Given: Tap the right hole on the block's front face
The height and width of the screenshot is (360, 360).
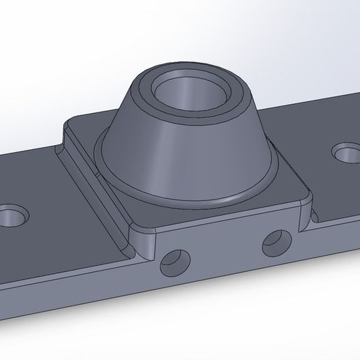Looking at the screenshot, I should (x=276, y=242).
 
